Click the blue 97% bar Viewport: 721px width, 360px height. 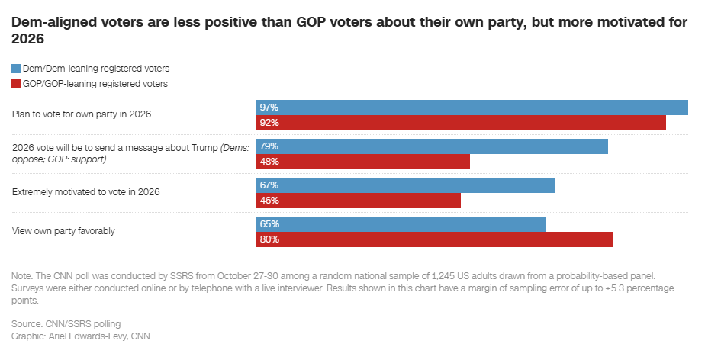pos(472,108)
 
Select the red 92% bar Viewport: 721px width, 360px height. pos(461,123)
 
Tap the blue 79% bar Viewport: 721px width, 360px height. pos(432,146)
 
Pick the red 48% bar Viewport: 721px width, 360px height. pos(363,162)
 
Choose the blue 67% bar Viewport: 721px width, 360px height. pos(405,185)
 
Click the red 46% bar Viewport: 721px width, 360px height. pos(359,201)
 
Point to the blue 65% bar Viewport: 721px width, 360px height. pos(401,224)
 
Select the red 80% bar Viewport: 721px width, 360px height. pos(434,239)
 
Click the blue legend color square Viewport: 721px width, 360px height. pos(16,69)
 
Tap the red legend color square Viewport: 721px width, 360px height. pos(16,84)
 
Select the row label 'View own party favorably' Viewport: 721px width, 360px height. pos(63,231)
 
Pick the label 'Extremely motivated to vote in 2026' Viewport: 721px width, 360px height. pos(86,192)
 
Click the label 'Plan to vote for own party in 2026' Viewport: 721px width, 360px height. pos(82,114)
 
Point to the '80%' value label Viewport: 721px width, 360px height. pos(269,239)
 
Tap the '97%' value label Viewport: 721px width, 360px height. pos(269,108)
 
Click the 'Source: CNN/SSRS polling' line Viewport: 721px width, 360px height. pos(66,324)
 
